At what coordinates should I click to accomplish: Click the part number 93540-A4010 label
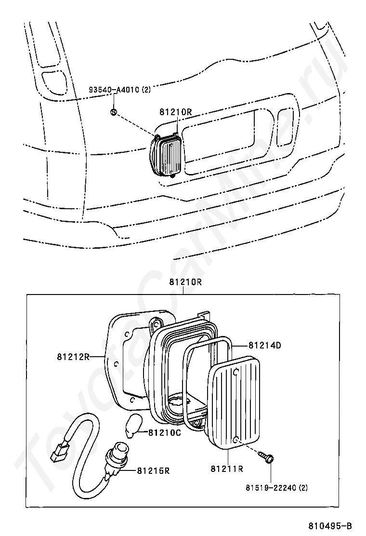119,90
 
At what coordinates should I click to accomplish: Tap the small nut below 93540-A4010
114,112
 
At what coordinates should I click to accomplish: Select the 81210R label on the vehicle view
176,112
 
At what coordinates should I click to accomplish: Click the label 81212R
73,357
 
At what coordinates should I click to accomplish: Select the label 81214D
264,345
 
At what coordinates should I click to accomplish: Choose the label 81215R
153,470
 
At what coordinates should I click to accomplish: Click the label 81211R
226,468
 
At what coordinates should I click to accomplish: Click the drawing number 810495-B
330,525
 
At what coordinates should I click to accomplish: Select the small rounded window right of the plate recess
286,127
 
